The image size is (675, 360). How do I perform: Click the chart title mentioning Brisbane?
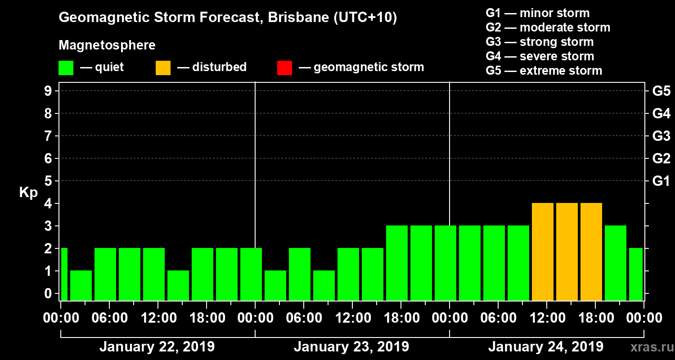click(228, 18)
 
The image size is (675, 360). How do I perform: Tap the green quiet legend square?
click(66, 68)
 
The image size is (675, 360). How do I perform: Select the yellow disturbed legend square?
click(163, 68)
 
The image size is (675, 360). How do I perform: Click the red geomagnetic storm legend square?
click(284, 68)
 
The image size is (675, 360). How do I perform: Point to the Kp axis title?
click(28, 193)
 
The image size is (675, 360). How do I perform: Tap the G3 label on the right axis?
click(661, 136)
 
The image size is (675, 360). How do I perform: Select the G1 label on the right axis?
click(661, 181)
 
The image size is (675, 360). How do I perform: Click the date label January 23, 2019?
click(351, 347)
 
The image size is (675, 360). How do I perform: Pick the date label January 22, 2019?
click(157, 347)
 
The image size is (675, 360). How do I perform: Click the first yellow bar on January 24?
click(542, 252)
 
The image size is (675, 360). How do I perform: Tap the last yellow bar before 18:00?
click(591, 252)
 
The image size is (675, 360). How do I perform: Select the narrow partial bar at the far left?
click(64, 274)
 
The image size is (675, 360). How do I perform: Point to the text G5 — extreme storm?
click(544, 71)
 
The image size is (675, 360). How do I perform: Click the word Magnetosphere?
click(107, 45)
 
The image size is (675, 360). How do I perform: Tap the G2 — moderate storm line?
click(548, 27)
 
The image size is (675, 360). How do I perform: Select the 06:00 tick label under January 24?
click(499, 318)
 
